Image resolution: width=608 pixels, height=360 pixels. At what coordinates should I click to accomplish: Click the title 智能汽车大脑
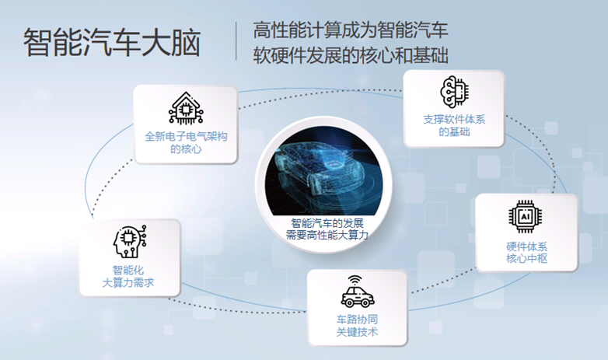tap(112, 43)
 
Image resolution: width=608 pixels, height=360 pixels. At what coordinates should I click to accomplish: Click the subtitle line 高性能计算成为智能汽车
tap(351, 31)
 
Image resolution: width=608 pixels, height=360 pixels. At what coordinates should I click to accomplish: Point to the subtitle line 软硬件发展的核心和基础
tap(351, 57)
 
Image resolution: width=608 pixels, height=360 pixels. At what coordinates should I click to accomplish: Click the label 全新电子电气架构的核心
tap(186, 142)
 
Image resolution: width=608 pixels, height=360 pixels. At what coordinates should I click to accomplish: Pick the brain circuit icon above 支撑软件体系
tap(454, 92)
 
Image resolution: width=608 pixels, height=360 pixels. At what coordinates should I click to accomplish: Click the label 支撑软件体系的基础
tap(454, 126)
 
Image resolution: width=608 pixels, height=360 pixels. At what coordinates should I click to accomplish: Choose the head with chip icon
tap(128, 241)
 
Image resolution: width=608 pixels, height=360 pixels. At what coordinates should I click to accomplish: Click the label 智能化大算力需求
tap(128, 277)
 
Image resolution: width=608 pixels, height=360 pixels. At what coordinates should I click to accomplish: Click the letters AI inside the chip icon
tap(526, 218)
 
